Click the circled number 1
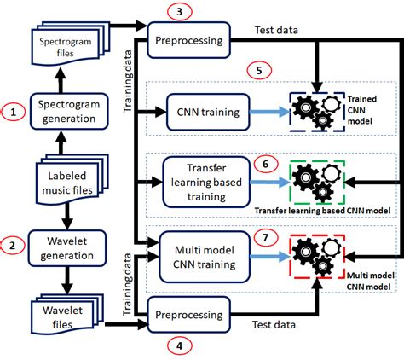coord(12,110)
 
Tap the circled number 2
coord(12,245)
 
